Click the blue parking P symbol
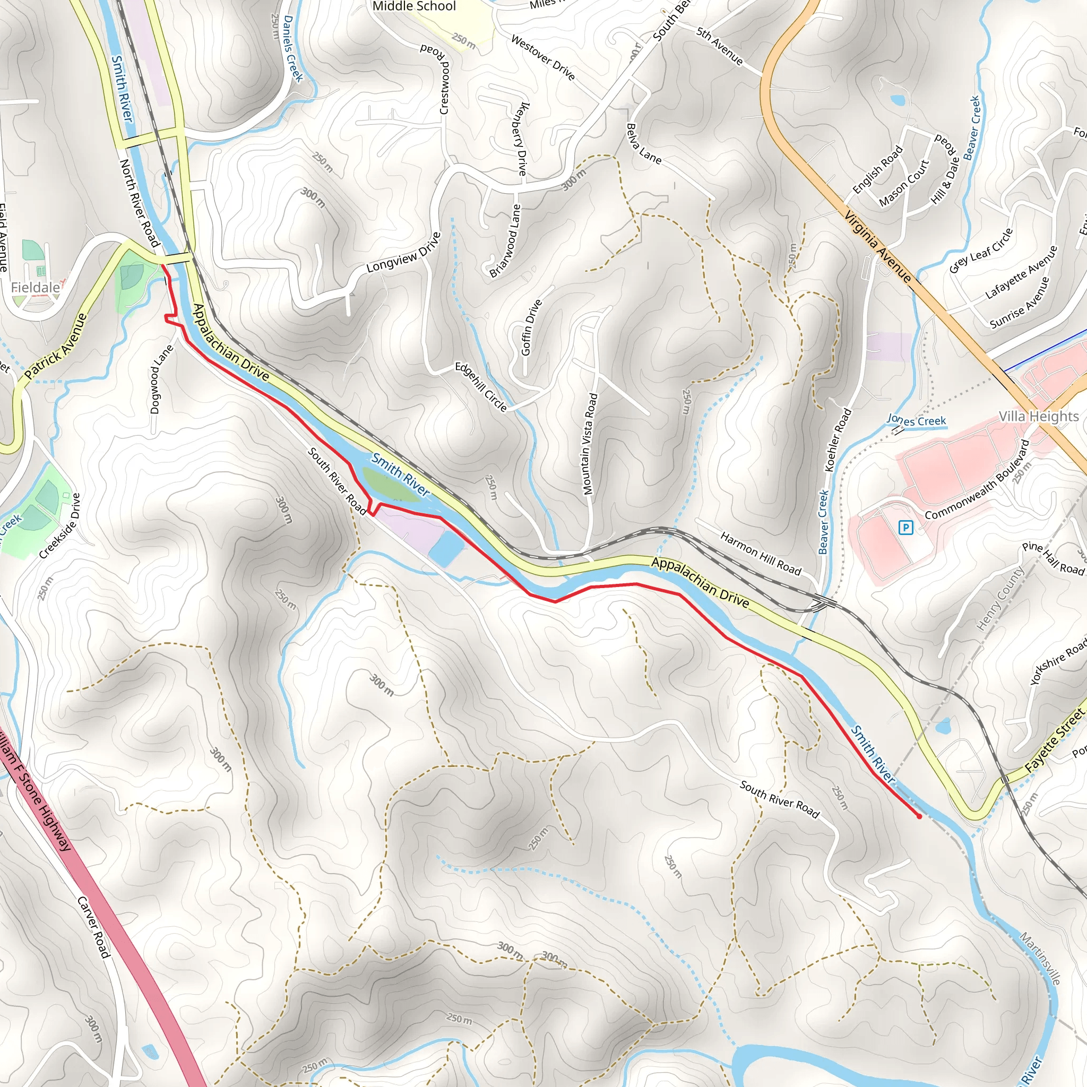click(906, 527)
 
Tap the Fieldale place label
click(36, 288)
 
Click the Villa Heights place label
click(1039, 416)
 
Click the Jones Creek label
click(916, 420)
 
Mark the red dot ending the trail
click(919, 816)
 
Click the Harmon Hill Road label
click(760, 554)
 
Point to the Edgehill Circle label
click(480, 386)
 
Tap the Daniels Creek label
click(292, 49)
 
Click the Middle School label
click(414, 6)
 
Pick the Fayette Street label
click(1053, 741)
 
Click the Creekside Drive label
click(60, 525)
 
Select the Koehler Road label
click(838, 440)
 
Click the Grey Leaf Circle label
click(981, 251)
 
